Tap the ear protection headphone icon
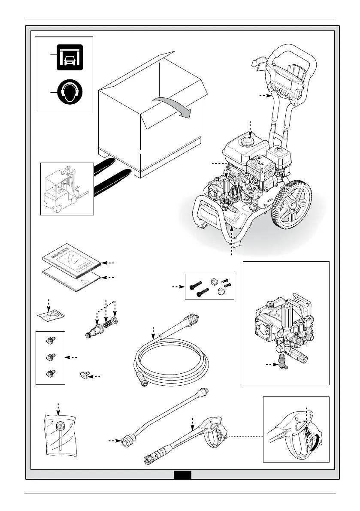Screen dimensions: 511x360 pos(70,91)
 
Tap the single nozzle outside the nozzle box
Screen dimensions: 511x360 pos(84,376)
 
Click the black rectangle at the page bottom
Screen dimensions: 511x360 pos(182,475)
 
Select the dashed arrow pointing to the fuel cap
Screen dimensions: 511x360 pos(251,128)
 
